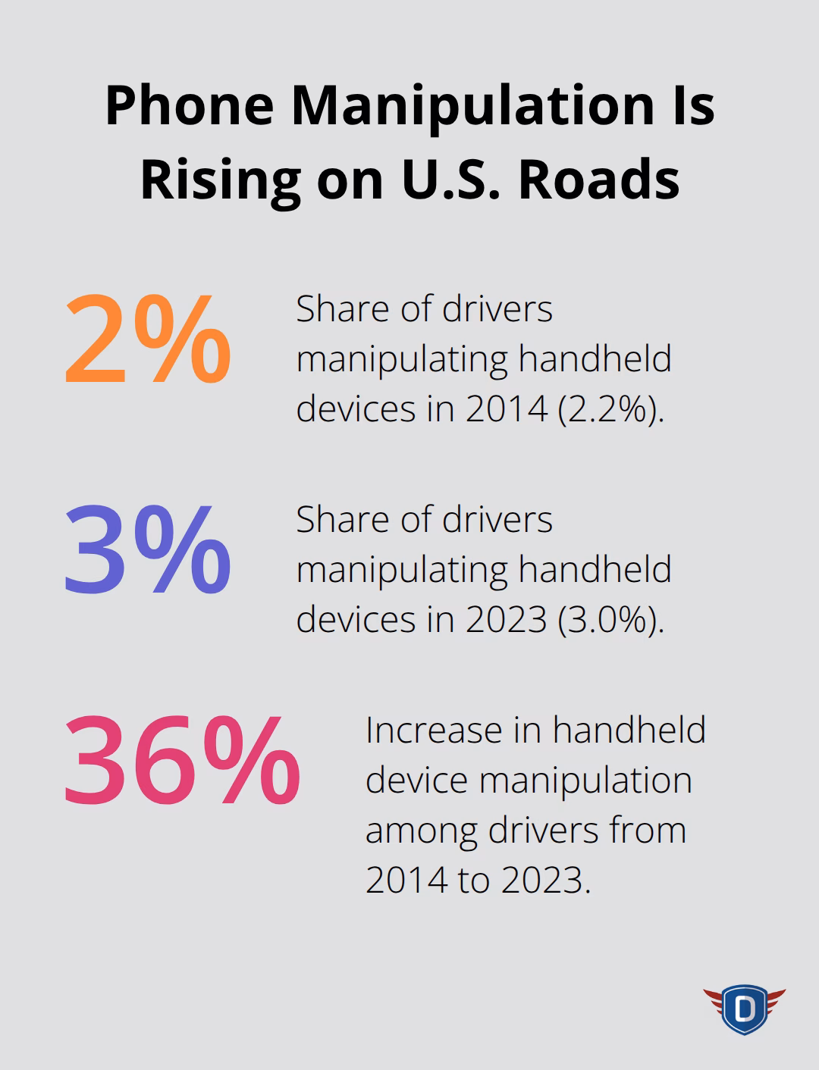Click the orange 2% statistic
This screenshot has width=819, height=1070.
(x=148, y=341)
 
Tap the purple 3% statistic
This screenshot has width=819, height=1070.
(x=148, y=552)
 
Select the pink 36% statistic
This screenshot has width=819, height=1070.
(x=182, y=762)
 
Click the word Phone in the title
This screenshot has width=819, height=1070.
(x=189, y=105)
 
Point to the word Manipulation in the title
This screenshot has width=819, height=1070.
(x=472, y=105)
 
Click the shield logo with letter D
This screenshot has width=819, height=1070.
(x=744, y=1009)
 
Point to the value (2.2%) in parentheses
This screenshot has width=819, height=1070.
(x=610, y=408)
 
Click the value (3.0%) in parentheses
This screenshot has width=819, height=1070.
(x=610, y=619)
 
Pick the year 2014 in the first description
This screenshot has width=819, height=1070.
(x=506, y=408)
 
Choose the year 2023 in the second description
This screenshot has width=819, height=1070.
(x=506, y=619)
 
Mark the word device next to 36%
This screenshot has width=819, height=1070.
(x=416, y=781)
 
